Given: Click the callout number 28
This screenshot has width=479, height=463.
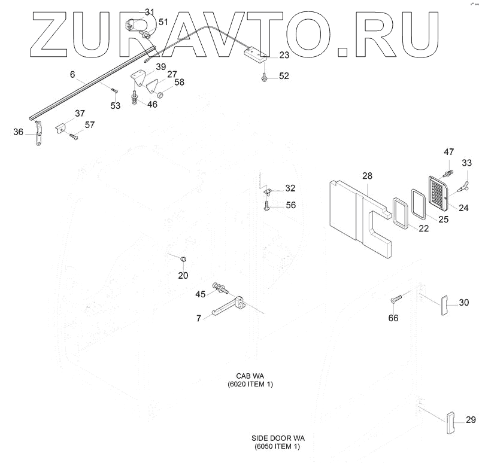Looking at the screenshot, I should point(367,175).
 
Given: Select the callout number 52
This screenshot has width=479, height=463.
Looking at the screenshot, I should point(283,76).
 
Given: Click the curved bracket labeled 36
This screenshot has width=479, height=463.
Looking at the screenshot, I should point(37,134).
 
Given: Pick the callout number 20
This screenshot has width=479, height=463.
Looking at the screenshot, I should point(183,275).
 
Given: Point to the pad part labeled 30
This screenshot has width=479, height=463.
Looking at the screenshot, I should point(445,305).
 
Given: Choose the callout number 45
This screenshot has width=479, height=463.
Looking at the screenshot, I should point(201,294).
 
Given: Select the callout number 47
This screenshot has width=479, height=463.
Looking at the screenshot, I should point(448,153).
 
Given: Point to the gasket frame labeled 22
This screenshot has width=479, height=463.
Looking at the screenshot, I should point(399,212).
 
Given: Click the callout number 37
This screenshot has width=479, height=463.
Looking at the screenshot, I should point(80,113).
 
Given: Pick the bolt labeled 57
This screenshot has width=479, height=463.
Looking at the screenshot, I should point(74,136).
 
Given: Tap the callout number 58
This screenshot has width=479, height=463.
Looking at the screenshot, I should point(179,82).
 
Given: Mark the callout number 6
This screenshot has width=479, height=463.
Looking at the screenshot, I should point(72,75).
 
